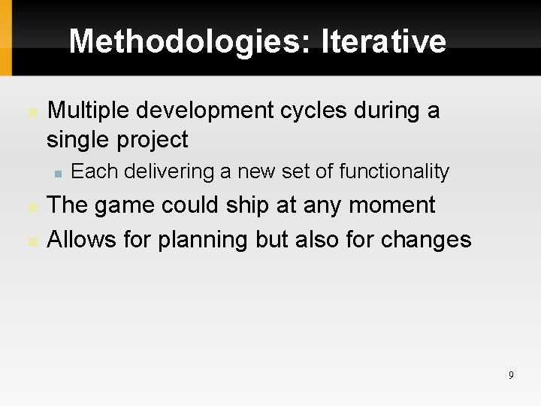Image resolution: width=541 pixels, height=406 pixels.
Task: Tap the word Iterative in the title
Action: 383,41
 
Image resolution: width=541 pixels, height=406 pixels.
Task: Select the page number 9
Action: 511,375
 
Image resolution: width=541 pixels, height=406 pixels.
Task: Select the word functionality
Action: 394,171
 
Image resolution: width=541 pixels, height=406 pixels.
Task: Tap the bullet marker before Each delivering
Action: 57,173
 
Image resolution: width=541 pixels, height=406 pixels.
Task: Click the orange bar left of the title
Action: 5,38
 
